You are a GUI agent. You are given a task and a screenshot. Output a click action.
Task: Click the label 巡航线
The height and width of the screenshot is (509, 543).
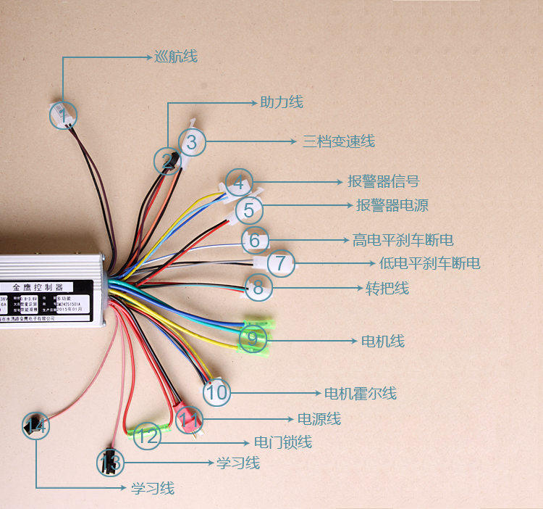tap(176, 57)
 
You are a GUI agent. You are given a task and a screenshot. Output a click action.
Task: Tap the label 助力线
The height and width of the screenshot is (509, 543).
tap(282, 102)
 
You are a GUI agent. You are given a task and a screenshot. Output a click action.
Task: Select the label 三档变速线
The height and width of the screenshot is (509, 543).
tap(339, 141)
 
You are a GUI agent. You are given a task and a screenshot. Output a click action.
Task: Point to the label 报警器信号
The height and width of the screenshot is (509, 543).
tap(383, 181)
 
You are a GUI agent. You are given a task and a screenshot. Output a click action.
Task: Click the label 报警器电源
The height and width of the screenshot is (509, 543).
tap(392, 206)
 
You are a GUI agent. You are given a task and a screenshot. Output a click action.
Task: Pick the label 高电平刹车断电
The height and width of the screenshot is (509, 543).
tap(403, 240)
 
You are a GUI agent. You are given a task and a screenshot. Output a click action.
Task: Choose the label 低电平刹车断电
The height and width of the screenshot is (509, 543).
tap(429, 262)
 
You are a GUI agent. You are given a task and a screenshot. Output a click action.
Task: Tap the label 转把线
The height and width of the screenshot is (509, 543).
tap(387, 289)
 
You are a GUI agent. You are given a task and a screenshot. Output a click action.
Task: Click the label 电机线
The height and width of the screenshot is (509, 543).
tap(383, 341)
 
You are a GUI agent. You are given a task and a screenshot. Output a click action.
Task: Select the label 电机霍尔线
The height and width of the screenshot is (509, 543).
tap(360, 394)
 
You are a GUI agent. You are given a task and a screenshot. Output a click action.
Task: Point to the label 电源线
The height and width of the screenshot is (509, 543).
tap(319, 419)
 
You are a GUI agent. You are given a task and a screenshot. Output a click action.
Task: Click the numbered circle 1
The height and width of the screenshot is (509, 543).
tap(64, 115)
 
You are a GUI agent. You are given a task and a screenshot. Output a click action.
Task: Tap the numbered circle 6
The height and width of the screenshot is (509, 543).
tap(254, 240)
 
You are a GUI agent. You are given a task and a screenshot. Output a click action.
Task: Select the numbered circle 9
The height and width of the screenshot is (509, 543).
tap(252, 338)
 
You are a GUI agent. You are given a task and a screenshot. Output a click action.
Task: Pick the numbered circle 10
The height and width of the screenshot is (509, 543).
tap(216, 394)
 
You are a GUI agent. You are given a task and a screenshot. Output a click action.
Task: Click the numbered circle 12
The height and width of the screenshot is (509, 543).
tap(147, 436)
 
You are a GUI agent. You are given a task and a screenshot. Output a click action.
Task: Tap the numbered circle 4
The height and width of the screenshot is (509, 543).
tap(240, 182)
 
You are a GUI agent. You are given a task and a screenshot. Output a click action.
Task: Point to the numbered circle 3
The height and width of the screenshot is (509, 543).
tap(191, 142)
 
